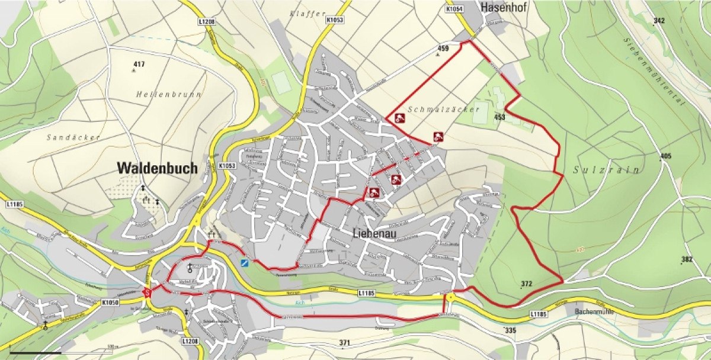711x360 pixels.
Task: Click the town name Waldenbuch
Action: [157, 168]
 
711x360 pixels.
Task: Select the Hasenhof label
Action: [505, 8]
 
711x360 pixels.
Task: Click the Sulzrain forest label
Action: [607, 170]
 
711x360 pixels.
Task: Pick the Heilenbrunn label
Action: [168, 94]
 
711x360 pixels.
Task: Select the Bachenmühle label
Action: [598, 311]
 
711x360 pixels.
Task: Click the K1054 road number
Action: [454, 9]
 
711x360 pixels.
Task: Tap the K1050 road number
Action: [110, 302]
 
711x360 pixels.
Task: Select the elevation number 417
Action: [139, 64]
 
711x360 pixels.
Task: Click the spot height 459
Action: [443, 48]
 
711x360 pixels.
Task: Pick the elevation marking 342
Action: [658, 21]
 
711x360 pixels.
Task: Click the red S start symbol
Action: [147, 291]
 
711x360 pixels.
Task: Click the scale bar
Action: [36, 353]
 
